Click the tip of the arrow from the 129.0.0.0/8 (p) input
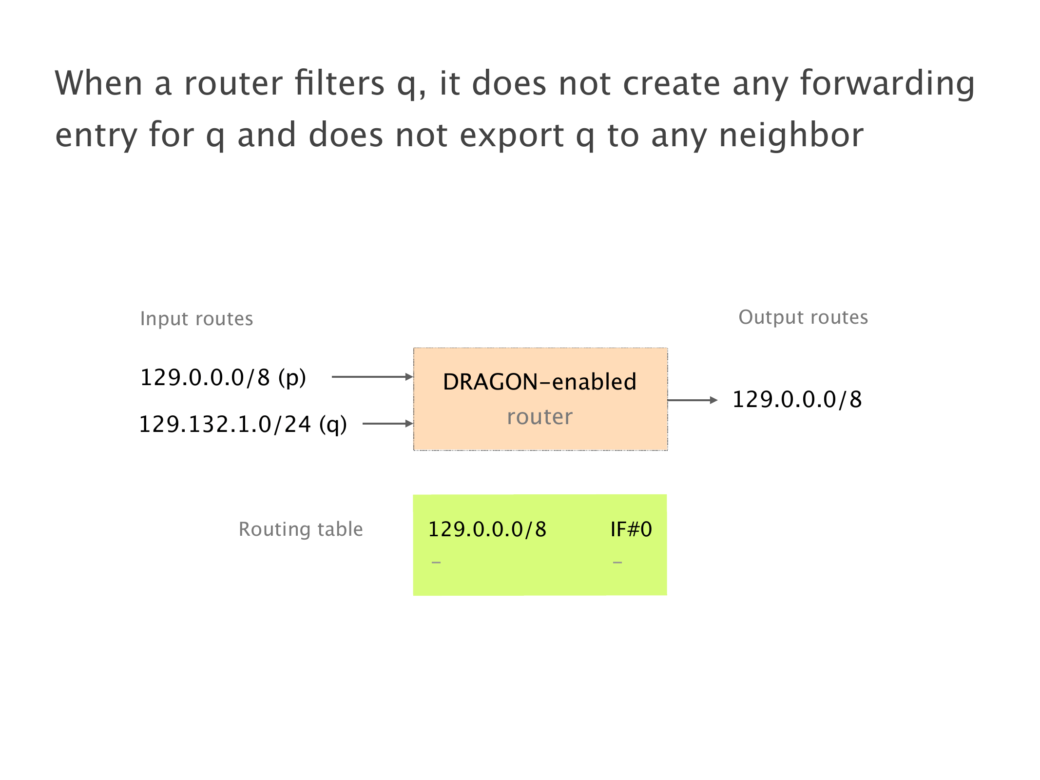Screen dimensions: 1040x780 click(x=413, y=377)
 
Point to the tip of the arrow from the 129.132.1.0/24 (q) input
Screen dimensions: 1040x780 click(x=413, y=424)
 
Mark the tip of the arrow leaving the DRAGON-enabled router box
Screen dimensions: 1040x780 click(x=718, y=400)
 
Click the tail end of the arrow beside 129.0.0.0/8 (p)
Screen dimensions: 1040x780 click(x=332, y=377)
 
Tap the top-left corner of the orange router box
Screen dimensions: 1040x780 click(x=414, y=348)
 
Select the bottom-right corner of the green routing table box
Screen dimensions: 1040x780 click(x=667, y=595)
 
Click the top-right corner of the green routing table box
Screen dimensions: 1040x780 click(x=667, y=495)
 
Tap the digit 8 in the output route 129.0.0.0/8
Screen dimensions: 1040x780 click(x=856, y=400)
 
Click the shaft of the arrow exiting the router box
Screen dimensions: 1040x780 click(x=693, y=400)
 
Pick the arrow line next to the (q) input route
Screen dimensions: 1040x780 click(x=388, y=424)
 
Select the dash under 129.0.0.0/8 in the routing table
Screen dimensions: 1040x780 click(x=436, y=563)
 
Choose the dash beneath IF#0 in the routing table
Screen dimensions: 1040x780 click(x=617, y=563)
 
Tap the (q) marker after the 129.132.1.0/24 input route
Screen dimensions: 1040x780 click(x=333, y=425)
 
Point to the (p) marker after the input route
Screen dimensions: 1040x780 click(x=292, y=378)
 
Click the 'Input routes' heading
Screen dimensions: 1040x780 click(x=196, y=319)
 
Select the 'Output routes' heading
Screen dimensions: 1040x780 click(x=803, y=317)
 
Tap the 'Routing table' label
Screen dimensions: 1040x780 click(x=301, y=529)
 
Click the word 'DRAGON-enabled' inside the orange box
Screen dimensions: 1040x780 click(x=539, y=382)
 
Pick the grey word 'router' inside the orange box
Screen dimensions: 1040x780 click(x=539, y=417)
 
